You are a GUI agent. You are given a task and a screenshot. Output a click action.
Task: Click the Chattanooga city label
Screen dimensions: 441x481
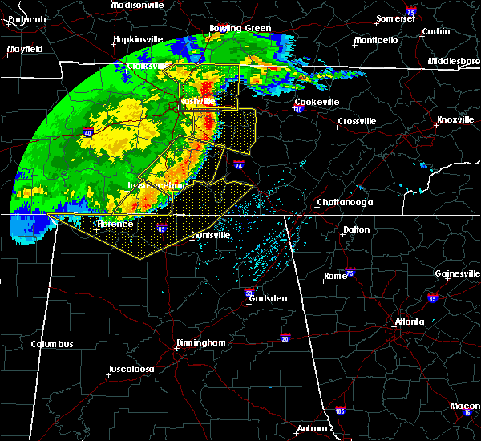[345, 202]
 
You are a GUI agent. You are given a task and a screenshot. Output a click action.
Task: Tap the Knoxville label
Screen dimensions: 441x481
[455, 119]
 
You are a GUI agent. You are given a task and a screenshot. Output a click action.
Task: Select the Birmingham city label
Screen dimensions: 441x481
[200, 342]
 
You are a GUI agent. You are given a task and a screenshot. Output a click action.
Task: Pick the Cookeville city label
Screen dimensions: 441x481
[317, 102]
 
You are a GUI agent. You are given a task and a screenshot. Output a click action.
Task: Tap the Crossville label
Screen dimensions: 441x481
[357, 121]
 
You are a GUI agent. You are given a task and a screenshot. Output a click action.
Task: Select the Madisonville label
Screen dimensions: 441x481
[137, 5]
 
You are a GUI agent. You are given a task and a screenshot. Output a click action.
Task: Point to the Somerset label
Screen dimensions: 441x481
[397, 18]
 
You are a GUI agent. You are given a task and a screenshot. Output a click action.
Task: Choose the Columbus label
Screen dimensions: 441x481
[52, 345]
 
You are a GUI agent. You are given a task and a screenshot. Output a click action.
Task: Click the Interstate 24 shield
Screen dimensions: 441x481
[239, 165]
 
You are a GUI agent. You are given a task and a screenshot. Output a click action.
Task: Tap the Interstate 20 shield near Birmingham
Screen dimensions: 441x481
[285, 337]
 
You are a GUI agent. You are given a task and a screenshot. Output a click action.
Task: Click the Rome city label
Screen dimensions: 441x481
[335, 276]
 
